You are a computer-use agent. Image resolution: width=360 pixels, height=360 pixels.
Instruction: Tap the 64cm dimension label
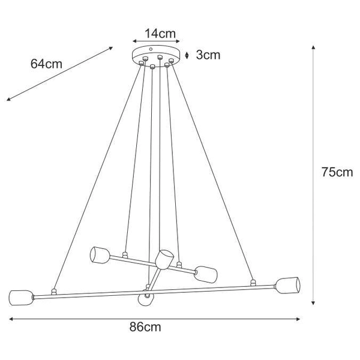[46, 64]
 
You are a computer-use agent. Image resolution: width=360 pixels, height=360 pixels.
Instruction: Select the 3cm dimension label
[208, 55]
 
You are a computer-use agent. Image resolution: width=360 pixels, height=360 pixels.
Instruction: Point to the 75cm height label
[335, 172]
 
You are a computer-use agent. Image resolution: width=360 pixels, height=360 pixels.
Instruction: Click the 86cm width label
[146, 327]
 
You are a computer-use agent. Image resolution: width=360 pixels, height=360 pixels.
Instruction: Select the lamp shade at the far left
[20, 297]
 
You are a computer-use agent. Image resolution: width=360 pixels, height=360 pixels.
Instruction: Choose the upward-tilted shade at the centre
[162, 259]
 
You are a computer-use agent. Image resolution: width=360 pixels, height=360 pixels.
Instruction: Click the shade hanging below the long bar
[145, 298]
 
